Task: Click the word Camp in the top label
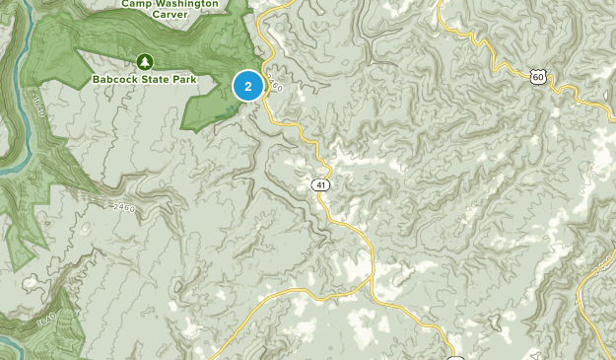[138, 3]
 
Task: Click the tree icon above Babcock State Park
[145, 60]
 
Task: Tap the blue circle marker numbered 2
[247, 87]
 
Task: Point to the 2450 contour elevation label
[122, 207]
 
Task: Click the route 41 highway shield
[323, 184]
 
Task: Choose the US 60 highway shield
[537, 76]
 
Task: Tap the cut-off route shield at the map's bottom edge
[455, 355]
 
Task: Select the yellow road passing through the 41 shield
[340, 212]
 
